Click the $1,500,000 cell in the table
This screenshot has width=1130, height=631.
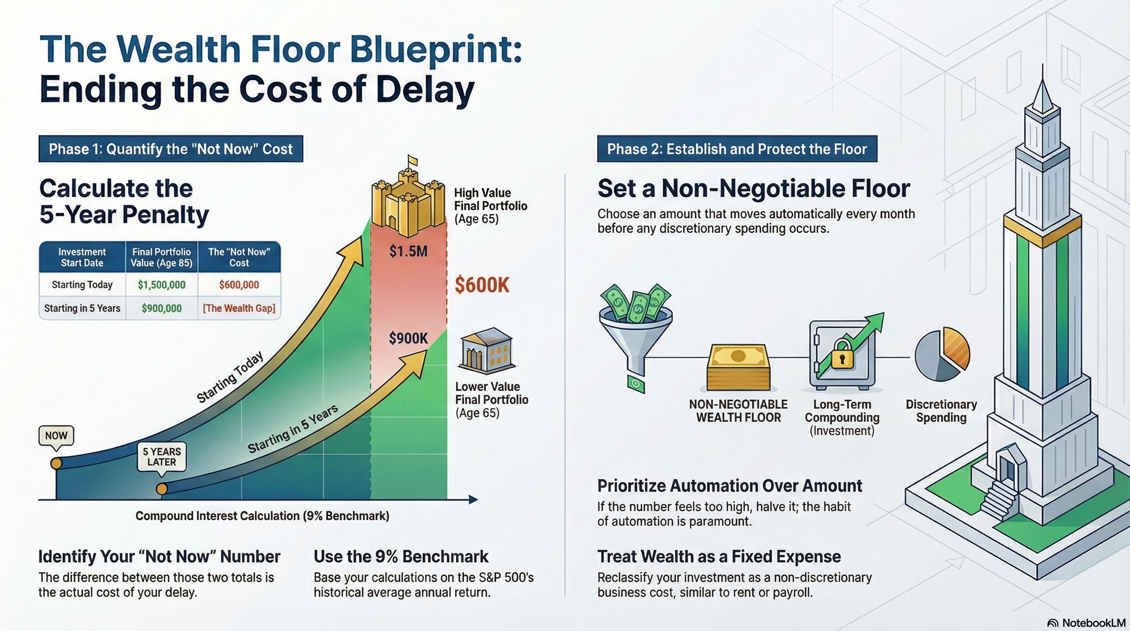[161, 285]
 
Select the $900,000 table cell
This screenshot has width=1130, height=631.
[161, 309]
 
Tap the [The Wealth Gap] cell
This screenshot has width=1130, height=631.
[239, 309]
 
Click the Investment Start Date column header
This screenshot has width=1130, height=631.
[82, 257]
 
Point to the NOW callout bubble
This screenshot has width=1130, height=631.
[56, 436]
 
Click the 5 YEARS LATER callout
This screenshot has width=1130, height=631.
[161, 457]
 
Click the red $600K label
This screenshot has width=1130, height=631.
[482, 285]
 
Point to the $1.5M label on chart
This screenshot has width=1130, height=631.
[408, 251]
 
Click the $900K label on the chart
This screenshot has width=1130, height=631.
[408, 339]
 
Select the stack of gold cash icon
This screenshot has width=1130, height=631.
[738, 368]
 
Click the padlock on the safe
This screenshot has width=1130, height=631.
[841, 355]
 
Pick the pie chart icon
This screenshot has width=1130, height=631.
[942, 354]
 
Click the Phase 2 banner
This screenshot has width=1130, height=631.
[737, 149]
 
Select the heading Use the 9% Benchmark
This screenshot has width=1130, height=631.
[400, 556]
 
